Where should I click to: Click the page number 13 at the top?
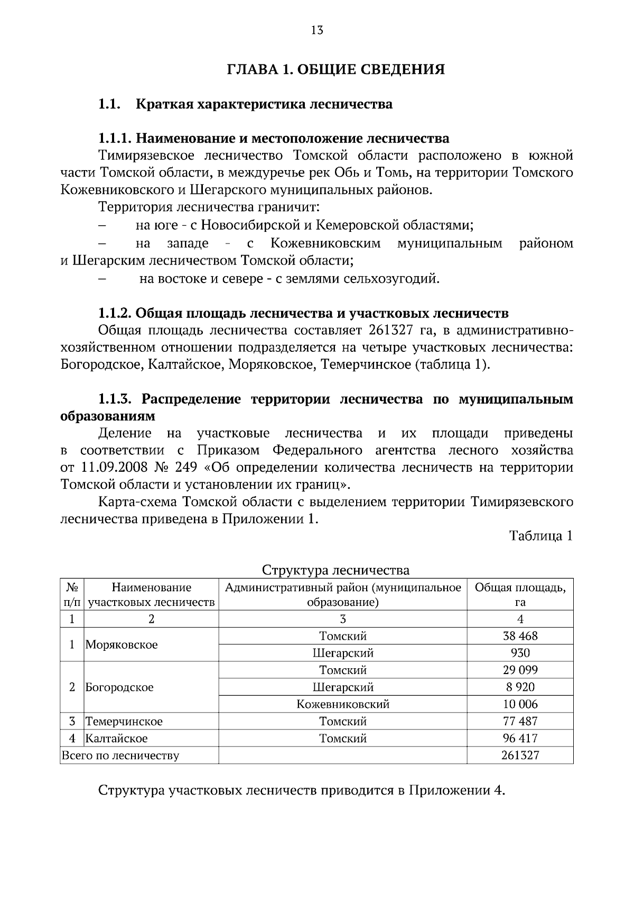pos(317,30)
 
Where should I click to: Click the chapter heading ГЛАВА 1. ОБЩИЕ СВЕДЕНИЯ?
pos(335,69)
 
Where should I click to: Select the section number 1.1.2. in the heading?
pos(115,313)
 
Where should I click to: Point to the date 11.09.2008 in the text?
pos(113,468)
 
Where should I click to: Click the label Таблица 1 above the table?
pos(540,536)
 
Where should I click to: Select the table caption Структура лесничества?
pos(335,570)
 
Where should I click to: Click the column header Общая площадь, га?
pos(520,595)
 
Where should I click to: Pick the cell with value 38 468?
pos(520,636)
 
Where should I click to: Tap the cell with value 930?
pos(520,653)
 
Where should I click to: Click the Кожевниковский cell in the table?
pos(343,704)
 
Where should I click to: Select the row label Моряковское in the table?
pos(122,644)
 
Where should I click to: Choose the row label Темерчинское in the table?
pos(124,721)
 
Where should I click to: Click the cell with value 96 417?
pos(520,738)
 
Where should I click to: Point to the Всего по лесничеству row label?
pos(120,755)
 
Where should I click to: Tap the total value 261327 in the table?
pos(520,755)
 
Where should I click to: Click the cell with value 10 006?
pos(520,704)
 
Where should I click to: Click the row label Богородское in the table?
pos(119,687)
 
